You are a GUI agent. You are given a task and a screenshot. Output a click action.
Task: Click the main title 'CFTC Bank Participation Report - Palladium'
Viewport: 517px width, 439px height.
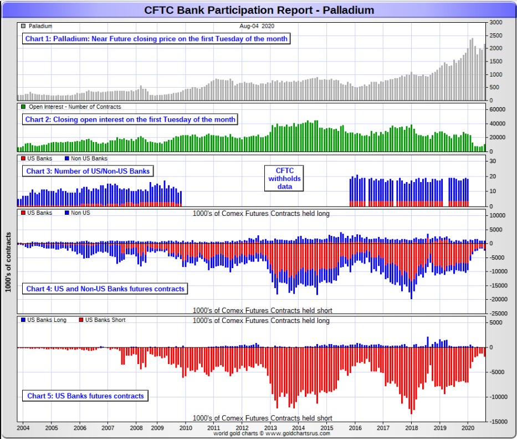[259, 10]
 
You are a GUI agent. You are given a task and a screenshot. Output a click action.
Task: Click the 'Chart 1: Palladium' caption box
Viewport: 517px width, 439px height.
[156, 39]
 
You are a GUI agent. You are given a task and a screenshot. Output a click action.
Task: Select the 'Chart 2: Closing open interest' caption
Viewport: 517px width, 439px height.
[130, 119]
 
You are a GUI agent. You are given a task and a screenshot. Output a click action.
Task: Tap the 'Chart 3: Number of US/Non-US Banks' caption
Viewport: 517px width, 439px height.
[88, 171]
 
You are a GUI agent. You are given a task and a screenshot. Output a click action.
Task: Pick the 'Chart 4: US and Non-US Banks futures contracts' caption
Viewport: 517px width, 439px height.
[105, 289]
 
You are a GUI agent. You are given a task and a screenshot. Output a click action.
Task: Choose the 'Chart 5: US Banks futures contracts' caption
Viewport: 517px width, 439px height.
[85, 396]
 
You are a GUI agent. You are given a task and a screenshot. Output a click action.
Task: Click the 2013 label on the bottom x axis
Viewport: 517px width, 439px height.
[270, 428]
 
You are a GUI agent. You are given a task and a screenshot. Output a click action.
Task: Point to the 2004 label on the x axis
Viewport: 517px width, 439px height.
[23, 428]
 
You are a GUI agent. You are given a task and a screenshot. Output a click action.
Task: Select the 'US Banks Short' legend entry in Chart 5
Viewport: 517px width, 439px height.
[103, 320]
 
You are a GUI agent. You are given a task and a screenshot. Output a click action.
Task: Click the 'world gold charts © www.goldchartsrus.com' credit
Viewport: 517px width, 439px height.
[272, 433]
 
